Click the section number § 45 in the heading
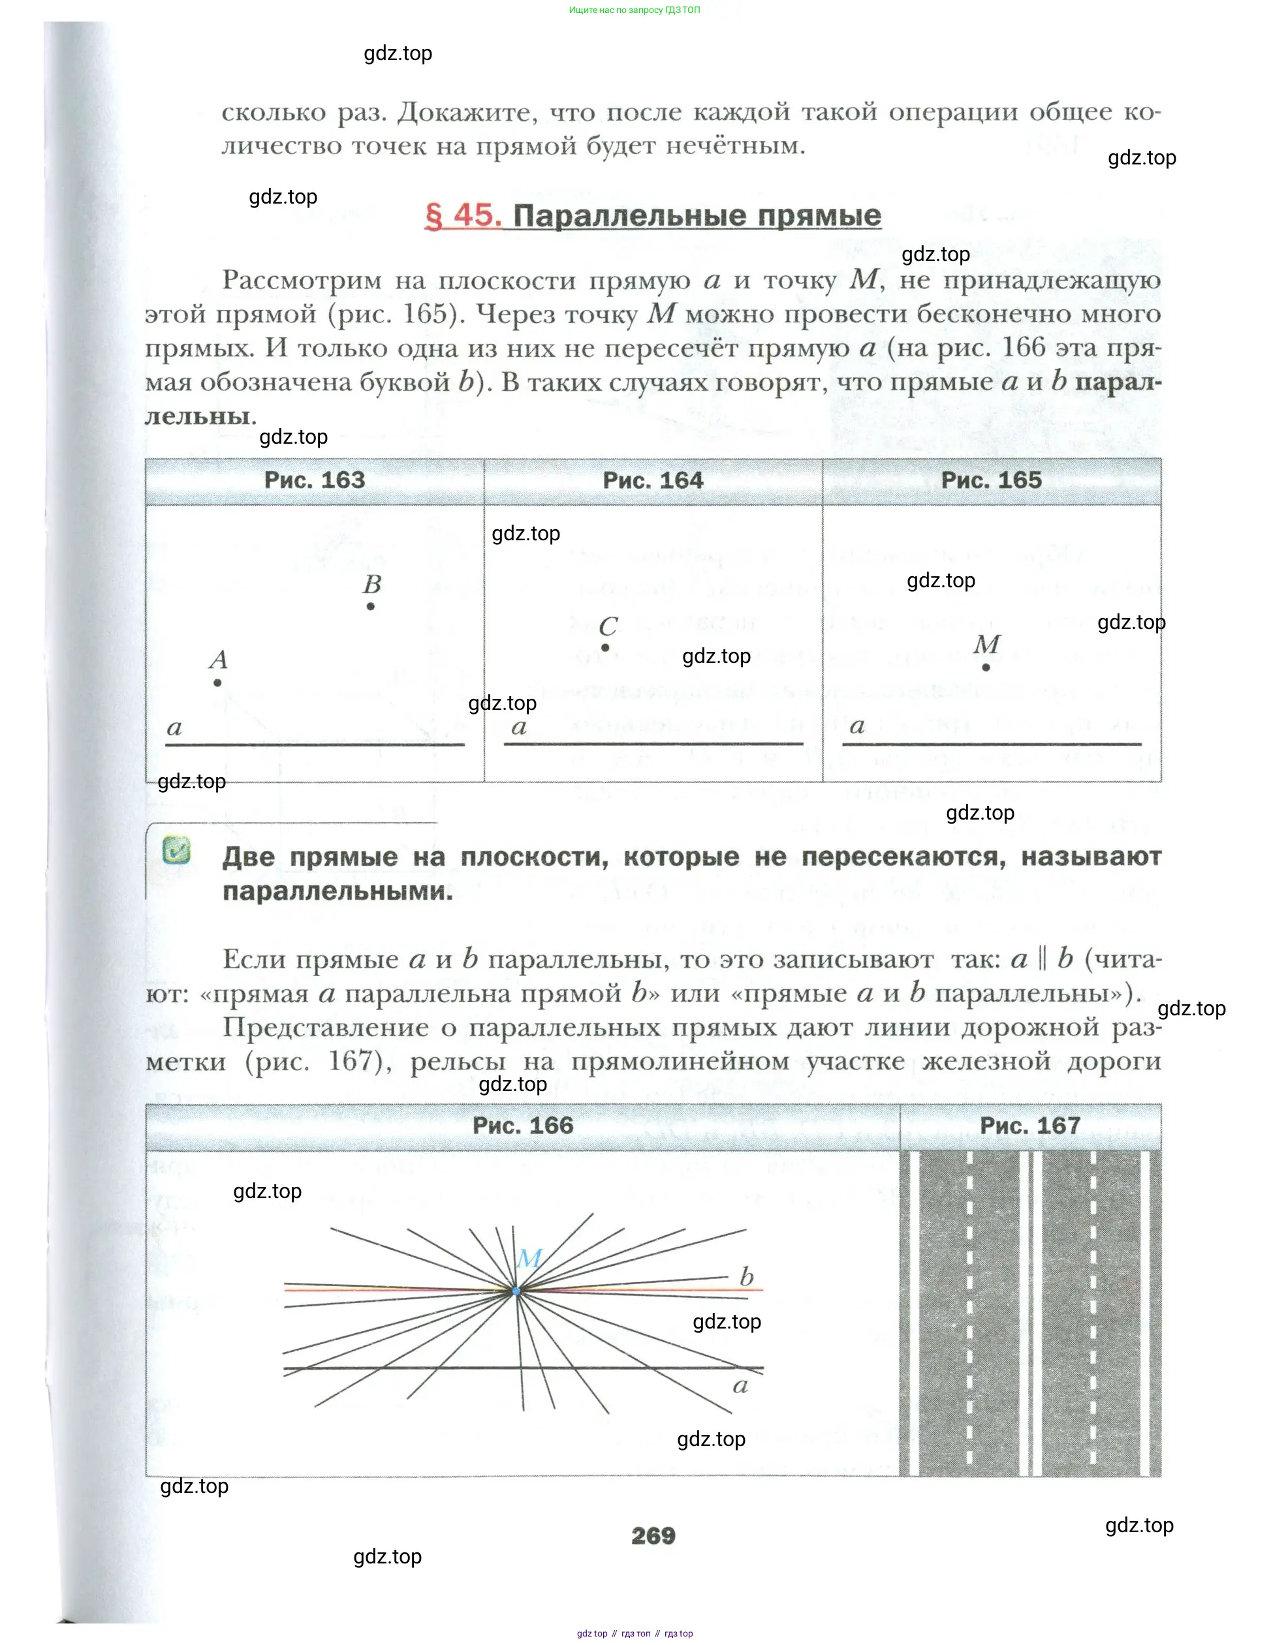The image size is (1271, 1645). (x=463, y=215)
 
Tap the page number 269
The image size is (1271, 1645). (x=653, y=1535)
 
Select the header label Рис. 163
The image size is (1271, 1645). (x=314, y=480)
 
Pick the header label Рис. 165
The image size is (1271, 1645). (x=991, y=480)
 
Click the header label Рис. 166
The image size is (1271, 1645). (x=522, y=1126)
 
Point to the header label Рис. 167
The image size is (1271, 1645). (x=1030, y=1126)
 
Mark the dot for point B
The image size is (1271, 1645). (x=371, y=606)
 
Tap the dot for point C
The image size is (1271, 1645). (x=605, y=648)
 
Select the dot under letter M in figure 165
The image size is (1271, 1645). (x=986, y=668)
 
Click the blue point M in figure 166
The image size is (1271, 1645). (x=516, y=1291)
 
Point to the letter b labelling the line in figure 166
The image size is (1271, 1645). (x=747, y=1277)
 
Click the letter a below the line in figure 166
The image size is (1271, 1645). (x=740, y=1386)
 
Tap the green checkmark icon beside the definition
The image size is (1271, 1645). (x=176, y=850)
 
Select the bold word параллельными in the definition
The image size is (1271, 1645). (x=337, y=891)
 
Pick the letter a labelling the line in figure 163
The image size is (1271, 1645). (x=174, y=728)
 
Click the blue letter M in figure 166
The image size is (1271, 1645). (x=529, y=1258)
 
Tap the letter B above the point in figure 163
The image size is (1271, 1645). (x=372, y=584)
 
